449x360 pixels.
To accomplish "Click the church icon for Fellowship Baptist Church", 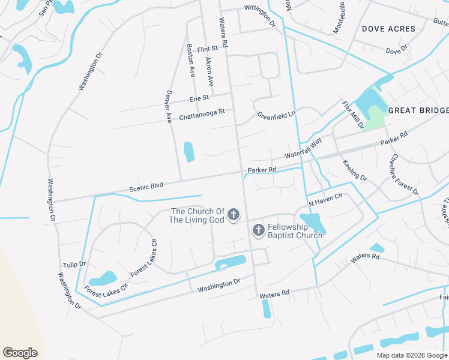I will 258,230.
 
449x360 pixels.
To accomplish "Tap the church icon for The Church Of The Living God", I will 234,215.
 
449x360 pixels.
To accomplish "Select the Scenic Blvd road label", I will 147,187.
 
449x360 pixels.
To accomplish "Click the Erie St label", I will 199,98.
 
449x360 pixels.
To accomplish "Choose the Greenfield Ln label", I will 277,114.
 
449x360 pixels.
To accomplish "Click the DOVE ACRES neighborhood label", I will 388,29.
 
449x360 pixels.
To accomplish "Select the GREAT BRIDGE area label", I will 418,110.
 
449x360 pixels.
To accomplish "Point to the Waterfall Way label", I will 304,148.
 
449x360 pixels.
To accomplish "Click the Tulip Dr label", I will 74,264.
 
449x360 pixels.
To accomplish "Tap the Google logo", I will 20,353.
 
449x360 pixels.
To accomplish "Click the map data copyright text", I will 412,355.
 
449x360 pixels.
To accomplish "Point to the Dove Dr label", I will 397,50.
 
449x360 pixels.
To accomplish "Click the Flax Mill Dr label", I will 353,115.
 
